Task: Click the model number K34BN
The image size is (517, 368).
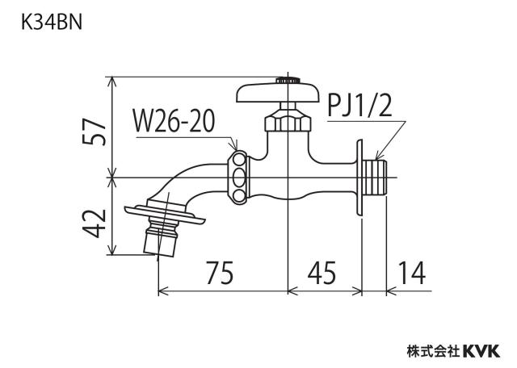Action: click(52, 23)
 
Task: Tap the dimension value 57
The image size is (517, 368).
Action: click(95, 132)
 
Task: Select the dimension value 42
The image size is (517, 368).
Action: click(95, 224)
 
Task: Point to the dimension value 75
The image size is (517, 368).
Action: click(220, 273)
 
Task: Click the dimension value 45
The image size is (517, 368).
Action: click(322, 273)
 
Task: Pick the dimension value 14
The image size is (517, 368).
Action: click(411, 273)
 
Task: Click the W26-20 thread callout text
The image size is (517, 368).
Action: click(174, 121)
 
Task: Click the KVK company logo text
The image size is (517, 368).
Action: click(481, 351)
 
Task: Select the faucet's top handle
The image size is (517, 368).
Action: click(278, 92)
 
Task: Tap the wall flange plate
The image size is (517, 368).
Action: click(359, 178)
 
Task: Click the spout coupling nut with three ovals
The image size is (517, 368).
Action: click(238, 177)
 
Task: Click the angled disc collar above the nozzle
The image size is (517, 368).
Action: click(165, 215)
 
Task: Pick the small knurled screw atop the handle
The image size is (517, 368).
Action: click(288, 80)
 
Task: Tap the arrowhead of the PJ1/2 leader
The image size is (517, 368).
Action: click(378, 157)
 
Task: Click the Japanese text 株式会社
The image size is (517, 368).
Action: click(433, 351)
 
